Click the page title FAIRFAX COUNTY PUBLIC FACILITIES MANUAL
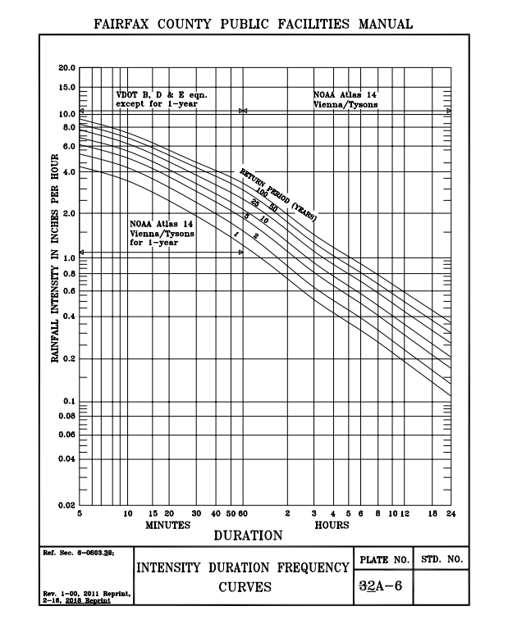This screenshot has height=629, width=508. (x=254, y=23)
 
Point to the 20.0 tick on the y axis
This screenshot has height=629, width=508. (x=66, y=67)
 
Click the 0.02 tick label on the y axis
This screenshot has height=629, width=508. (x=66, y=505)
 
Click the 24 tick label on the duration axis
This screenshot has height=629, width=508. (x=451, y=513)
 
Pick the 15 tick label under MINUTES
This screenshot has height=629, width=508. (x=153, y=513)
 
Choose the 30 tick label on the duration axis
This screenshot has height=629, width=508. (x=196, y=513)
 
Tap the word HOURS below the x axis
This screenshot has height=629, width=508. (x=332, y=525)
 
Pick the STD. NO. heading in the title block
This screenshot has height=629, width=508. (x=442, y=560)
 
